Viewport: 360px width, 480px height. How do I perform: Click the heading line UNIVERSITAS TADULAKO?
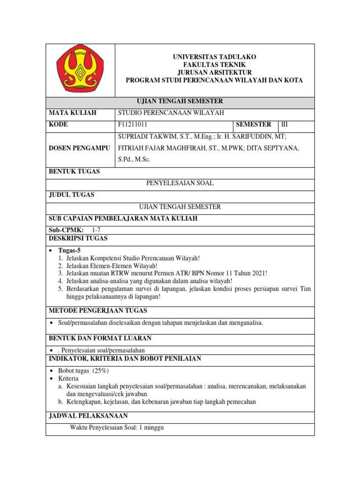tap(214, 57)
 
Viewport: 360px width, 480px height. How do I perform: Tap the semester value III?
tap(285, 125)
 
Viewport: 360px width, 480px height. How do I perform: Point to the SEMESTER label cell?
tap(254, 124)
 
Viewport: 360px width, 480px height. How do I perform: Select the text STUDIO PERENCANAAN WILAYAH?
tap(171, 113)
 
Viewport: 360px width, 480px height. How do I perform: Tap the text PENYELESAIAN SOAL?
tap(180, 183)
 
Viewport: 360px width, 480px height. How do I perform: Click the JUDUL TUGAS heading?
tap(72, 195)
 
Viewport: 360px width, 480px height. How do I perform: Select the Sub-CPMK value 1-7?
tap(97, 230)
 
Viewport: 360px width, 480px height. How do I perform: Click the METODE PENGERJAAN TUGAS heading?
tap(98, 310)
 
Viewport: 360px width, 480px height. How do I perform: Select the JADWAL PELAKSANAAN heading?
tap(88, 416)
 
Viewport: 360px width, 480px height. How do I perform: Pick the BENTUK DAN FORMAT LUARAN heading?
tap(100, 338)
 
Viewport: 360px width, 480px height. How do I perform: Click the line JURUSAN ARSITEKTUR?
tap(214, 72)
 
